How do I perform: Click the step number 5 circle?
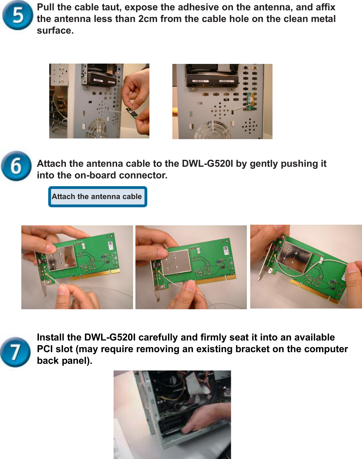[18, 15]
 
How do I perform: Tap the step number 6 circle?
[16, 166]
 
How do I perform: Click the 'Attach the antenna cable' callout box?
[97, 197]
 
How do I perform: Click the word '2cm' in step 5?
[148, 19]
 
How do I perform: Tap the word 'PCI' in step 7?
[45, 349]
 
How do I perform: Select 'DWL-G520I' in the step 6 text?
[207, 163]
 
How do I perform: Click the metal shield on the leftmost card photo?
[62, 258]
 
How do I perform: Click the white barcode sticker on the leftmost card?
[110, 246]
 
